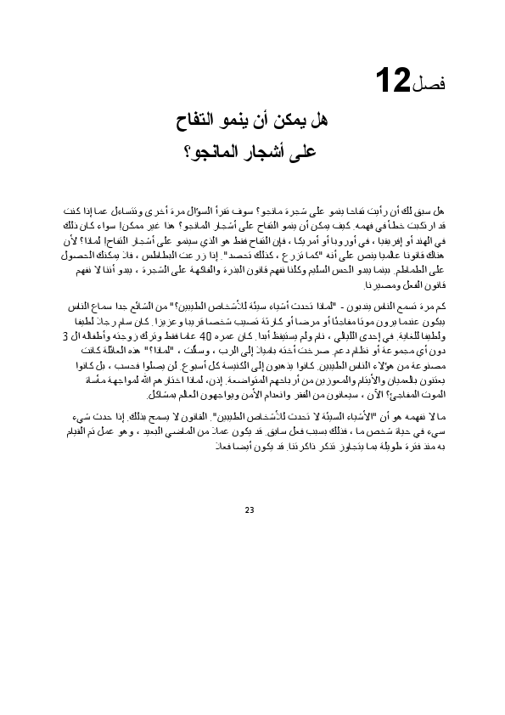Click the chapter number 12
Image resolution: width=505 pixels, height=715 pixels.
pyautogui.click(x=393, y=82)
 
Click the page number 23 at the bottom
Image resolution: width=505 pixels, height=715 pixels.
pyautogui.click(x=250, y=510)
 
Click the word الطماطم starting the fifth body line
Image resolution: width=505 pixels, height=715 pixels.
pyautogui.click(x=423, y=269)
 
